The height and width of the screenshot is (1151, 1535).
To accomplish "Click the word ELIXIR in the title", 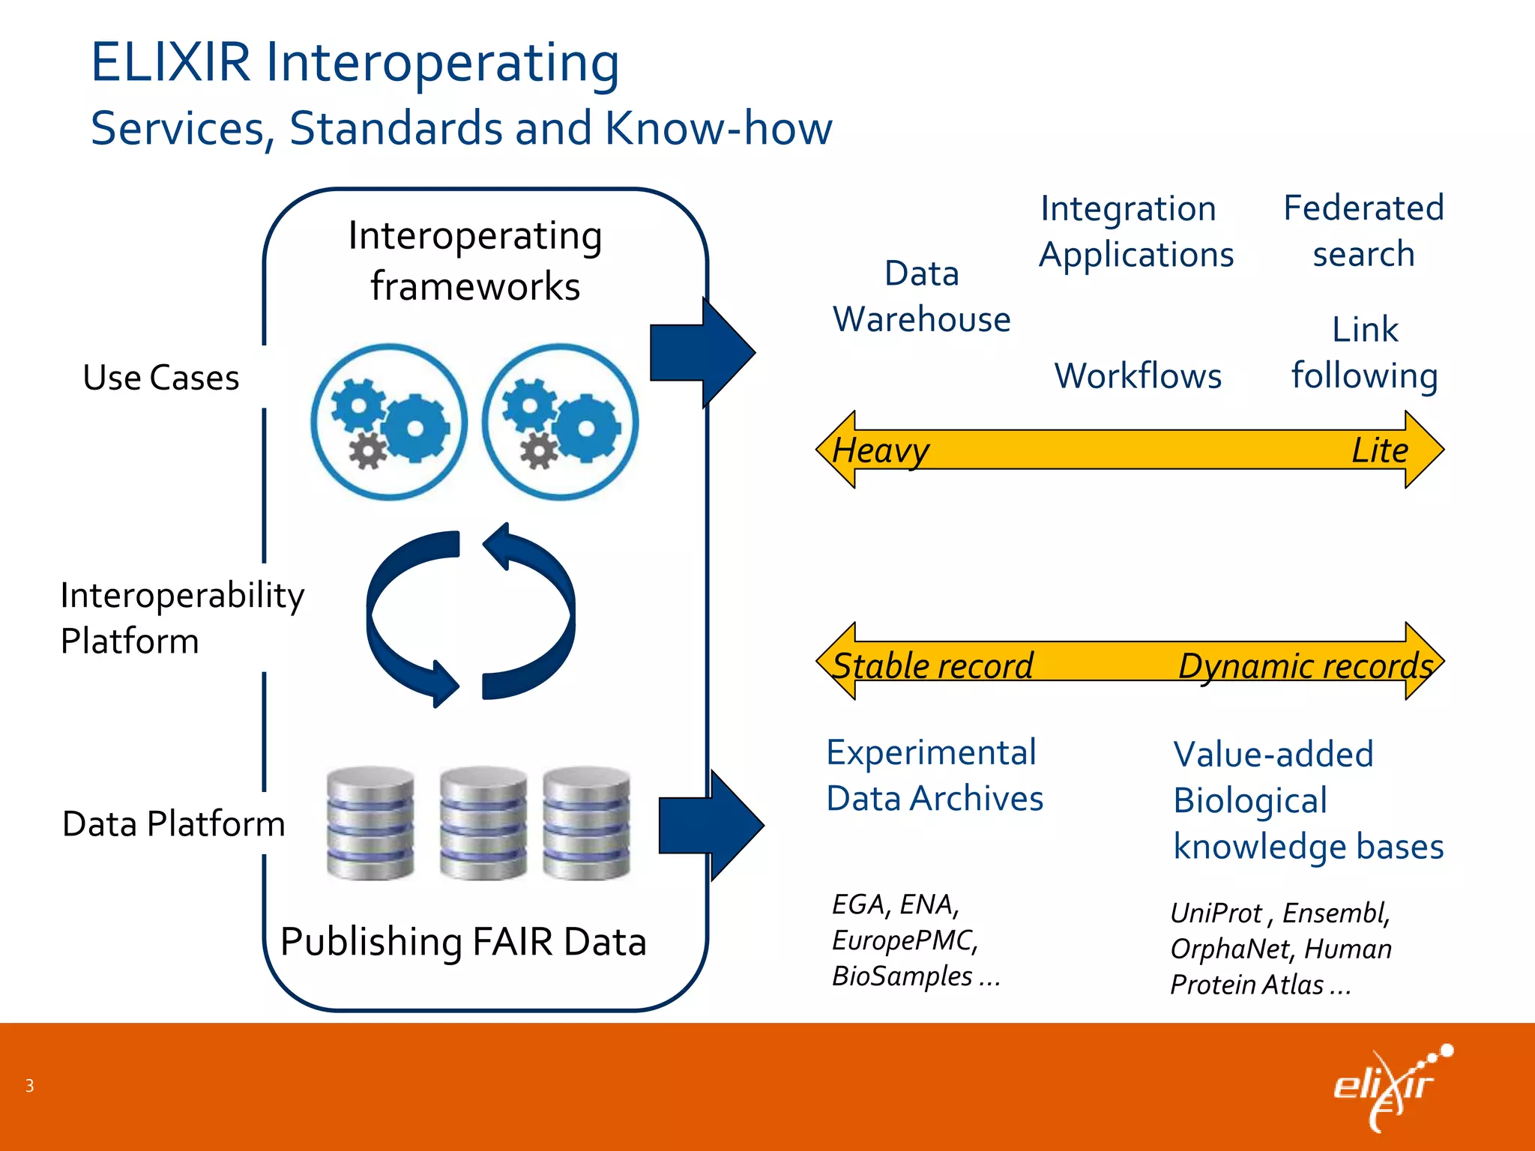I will pyautogui.click(x=170, y=63).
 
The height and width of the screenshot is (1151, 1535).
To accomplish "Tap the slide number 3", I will pyautogui.click(x=29, y=1086).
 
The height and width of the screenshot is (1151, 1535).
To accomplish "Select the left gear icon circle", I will pyautogui.click(x=389, y=422).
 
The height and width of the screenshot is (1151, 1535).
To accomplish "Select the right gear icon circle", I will pyautogui.click(x=560, y=422).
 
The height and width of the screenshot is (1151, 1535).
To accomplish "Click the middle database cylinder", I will pyautogui.click(x=483, y=823).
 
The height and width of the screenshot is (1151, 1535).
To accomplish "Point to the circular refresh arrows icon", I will pyautogui.click(x=471, y=614).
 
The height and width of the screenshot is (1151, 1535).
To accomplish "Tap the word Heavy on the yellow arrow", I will pyautogui.click(x=881, y=451).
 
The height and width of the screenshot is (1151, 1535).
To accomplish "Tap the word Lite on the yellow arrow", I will pyautogui.click(x=1379, y=451).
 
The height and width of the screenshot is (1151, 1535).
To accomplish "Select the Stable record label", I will pyautogui.click(x=932, y=665).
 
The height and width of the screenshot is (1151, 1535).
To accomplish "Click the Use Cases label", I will pyautogui.click(x=161, y=378).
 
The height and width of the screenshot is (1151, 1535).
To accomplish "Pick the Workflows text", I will pyautogui.click(x=1138, y=376).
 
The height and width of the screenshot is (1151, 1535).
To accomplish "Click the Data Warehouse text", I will pyautogui.click(x=922, y=297).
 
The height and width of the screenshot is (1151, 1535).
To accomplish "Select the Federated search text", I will pyautogui.click(x=1363, y=231).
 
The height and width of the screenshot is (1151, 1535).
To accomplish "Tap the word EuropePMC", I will pyautogui.click(x=904, y=940).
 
